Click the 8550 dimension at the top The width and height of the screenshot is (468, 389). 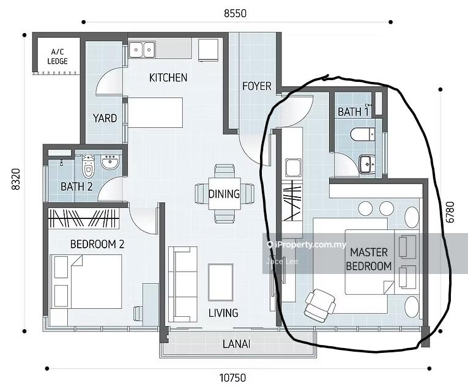pos(235,13)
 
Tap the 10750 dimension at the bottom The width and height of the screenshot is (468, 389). pos(233,378)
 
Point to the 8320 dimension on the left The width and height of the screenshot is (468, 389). pos(15,179)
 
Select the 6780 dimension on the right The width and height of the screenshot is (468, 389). pos(450,212)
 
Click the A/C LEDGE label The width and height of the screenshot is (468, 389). pos(58,57)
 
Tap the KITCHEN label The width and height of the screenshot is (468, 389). pos(168,78)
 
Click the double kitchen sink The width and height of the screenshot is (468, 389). pos(142,50)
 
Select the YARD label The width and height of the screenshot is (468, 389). pos(105,118)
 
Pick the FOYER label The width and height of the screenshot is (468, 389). pos(257,86)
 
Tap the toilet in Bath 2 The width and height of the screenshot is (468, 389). pos(87,166)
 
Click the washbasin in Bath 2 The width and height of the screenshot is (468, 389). pos(110,163)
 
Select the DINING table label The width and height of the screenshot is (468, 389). pos(224,194)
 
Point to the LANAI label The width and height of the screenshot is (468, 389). pos(236,344)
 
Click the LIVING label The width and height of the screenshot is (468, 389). pos(223,313)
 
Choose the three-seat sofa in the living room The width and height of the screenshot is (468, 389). pos(183,284)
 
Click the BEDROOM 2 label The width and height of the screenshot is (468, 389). pos(97,244)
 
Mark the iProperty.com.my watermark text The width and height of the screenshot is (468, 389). pos(308,245)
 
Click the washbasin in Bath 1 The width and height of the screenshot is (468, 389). pos(367,164)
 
